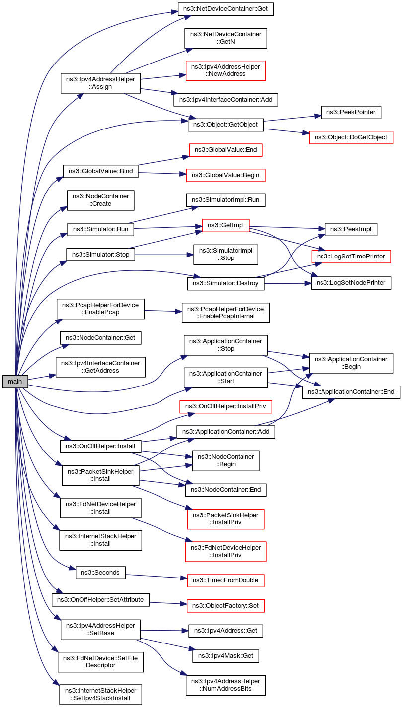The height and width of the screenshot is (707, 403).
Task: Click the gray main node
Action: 15,382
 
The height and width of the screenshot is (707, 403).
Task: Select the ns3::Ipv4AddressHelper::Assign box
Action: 101,83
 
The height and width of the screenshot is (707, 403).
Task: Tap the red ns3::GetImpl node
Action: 226,225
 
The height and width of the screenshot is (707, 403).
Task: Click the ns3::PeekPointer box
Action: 351,113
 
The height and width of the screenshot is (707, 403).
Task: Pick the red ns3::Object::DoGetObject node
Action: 351,137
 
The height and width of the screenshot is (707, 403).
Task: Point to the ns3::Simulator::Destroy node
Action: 226,284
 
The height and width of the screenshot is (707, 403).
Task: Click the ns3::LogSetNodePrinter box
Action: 351,283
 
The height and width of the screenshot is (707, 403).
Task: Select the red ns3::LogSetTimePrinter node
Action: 351,257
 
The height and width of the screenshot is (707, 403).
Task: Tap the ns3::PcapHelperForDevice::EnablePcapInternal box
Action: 226,312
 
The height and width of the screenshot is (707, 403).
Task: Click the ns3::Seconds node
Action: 100,572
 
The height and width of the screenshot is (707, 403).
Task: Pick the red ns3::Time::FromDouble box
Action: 226,580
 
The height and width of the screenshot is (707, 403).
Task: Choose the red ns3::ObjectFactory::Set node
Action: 226,605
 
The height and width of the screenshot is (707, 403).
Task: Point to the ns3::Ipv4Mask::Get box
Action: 226,656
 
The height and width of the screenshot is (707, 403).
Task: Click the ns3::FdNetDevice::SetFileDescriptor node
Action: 101,661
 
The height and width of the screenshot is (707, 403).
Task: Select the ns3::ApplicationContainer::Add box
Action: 226,432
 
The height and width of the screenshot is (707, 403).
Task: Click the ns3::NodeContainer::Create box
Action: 101,200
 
